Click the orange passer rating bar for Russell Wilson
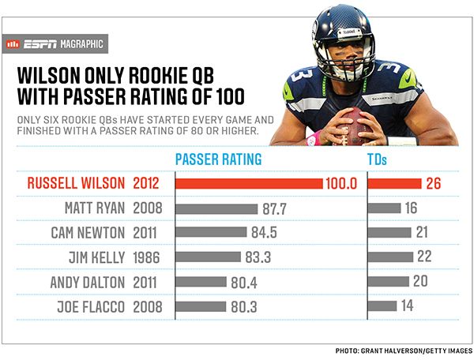coord(249,183)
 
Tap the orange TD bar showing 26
coord(394,183)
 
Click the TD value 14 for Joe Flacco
coord(408,305)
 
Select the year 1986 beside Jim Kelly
coord(149,257)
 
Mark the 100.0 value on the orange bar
coord(341,183)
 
